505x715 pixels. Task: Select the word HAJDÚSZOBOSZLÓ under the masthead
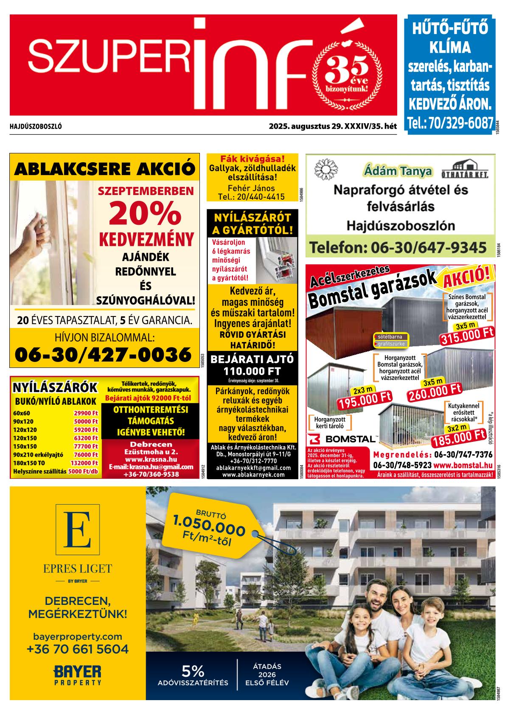(36, 127)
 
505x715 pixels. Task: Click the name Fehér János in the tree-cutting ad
(251, 188)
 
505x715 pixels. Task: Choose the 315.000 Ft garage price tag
(468, 337)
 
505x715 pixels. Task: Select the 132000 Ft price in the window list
(84, 463)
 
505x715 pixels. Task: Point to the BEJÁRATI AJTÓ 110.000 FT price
(252, 365)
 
